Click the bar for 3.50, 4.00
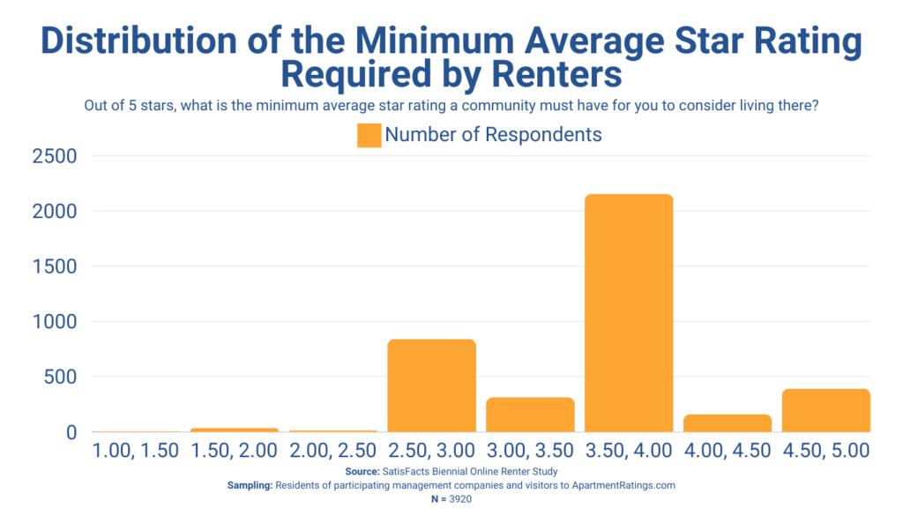click(x=629, y=313)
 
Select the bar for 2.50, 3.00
click(x=431, y=385)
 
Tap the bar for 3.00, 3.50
click(x=530, y=415)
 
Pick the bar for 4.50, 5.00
click(x=826, y=410)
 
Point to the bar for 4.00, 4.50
click(x=728, y=423)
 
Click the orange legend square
click(x=369, y=135)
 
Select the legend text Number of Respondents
click(x=493, y=135)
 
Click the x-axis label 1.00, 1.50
click(x=136, y=450)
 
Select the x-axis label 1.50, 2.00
click(x=235, y=450)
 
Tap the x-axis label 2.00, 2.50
click(x=333, y=450)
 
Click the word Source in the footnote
click(x=362, y=472)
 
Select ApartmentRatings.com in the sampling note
click(x=625, y=485)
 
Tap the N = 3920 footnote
click(x=451, y=498)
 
